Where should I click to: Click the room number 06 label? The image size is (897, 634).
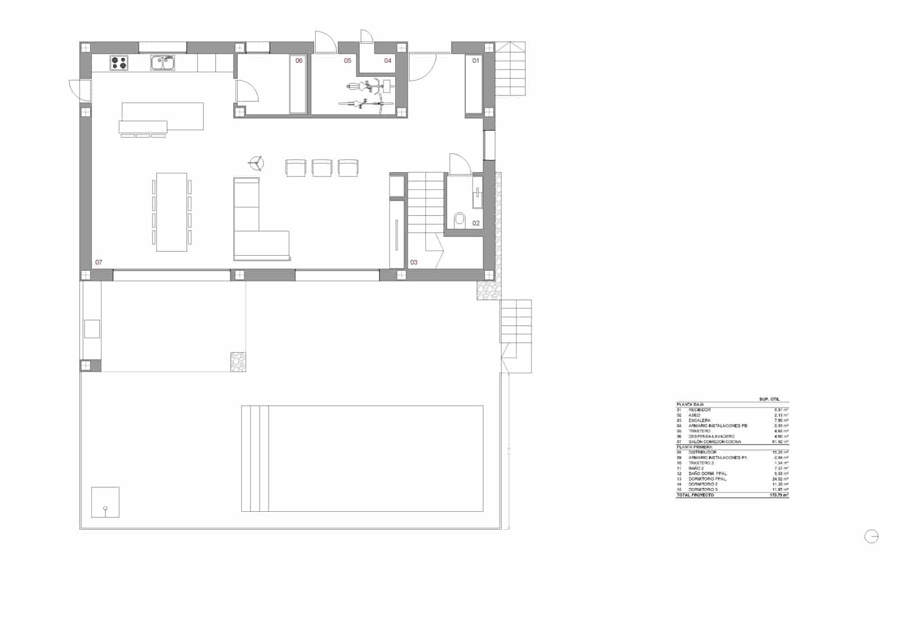point(299,61)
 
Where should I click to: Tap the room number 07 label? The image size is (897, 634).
point(99,262)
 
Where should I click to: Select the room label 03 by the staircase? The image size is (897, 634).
point(414,262)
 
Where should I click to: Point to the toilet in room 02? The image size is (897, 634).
point(460,219)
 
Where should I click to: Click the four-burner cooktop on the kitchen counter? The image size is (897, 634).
point(118,63)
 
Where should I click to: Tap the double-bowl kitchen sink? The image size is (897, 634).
point(163,63)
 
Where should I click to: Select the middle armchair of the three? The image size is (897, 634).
point(322,168)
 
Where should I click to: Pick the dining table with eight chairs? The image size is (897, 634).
point(172,212)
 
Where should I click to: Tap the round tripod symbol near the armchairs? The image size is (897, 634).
point(257,163)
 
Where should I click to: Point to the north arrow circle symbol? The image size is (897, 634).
point(871,536)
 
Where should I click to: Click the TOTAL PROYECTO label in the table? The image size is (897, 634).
point(695,496)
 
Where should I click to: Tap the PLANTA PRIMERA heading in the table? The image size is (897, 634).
point(694,447)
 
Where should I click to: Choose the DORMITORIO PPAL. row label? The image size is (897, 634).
point(708,479)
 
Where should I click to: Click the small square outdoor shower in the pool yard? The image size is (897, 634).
point(105,502)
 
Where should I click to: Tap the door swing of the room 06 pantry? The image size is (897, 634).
point(247,91)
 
